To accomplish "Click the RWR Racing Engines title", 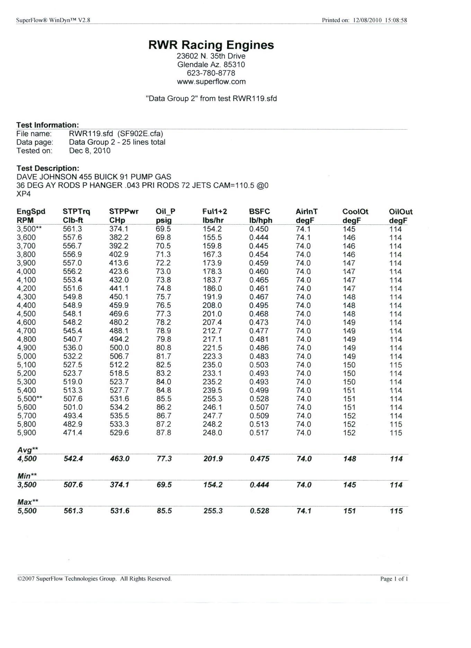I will [x=211, y=45].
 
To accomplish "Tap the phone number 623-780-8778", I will [x=211, y=73].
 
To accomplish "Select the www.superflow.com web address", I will [x=211, y=82].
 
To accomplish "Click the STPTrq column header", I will [x=76, y=212].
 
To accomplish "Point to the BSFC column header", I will [x=259, y=212].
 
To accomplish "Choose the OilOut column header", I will [x=401, y=212].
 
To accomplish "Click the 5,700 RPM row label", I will [x=26, y=416].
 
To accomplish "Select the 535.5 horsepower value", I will [x=119, y=416].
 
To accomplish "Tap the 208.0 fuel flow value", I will [x=212, y=305].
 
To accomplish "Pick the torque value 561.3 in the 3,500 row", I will [x=72, y=229].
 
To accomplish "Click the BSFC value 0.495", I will [x=259, y=305].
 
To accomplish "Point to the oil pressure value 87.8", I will [x=163, y=433].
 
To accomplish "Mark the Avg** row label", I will [x=28, y=450].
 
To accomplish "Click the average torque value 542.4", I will [x=73, y=459].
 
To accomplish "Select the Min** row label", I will [x=27, y=476].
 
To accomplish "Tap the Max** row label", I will [x=28, y=502].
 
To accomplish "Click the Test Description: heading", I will [x=48, y=168].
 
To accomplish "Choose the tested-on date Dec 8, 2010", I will [x=90, y=151].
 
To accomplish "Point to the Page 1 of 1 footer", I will [x=394, y=579].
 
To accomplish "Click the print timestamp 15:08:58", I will [x=396, y=20].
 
